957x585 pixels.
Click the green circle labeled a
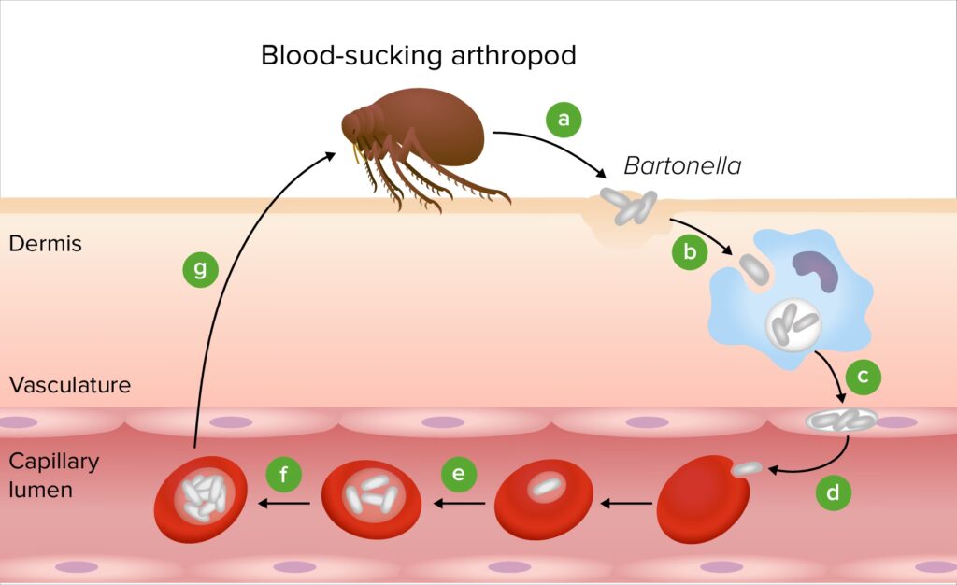tap(563, 120)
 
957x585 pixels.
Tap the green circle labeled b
tap(690, 251)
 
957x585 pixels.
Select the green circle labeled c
tap(863, 377)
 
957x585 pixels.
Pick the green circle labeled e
tap(458, 475)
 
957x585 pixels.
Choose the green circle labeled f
tap(283, 475)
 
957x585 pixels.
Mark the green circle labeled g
tap(200, 270)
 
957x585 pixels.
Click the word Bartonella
tap(682, 167)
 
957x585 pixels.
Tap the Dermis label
tap(45, 245)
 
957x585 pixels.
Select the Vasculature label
tap(70, 385)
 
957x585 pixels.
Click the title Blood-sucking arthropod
tap(418, 55)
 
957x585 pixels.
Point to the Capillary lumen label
tap(53, 475)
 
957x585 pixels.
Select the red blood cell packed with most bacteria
tap(200, 499)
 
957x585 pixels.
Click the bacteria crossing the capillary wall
tap(841, 421)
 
